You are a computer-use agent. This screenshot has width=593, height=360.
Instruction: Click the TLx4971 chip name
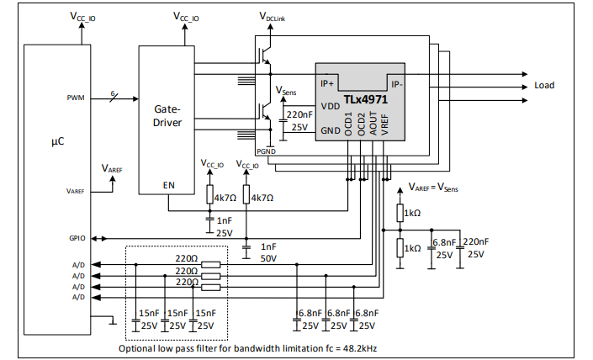pos(365,99)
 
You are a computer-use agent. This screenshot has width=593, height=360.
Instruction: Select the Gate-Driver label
pos(167,116)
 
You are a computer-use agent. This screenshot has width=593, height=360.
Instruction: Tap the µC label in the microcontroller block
pos(58,142)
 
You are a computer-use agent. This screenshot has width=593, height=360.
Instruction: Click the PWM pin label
pos(76,98)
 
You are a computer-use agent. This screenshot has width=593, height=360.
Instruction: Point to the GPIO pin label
pos(77,238)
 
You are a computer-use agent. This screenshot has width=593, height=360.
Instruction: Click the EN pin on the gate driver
pos(169,185)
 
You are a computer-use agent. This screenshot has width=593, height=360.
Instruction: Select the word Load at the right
pos(544,86)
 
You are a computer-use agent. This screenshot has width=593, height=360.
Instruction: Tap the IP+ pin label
pos(327,83)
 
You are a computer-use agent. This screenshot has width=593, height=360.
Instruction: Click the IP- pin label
pos(397,84)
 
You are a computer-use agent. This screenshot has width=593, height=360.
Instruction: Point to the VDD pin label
pos(331,106)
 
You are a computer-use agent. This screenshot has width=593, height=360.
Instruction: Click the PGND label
pos(267,151)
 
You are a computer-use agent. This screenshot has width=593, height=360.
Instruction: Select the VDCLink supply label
pos(272,17)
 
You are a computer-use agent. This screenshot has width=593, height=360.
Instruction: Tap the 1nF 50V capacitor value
pos(268,252)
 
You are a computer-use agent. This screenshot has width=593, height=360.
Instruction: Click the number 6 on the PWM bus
pos(113,93)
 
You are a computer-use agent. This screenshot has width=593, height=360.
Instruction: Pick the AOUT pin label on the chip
pos(373,124)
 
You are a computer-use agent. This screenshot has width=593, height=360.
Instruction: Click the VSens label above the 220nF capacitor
pos(286,91)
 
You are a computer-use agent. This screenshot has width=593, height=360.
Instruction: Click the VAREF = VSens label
pos(433,188)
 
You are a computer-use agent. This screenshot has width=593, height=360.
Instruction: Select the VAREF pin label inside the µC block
pos(75,191)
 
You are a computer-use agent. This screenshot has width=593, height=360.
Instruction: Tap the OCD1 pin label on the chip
pos(348,124)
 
